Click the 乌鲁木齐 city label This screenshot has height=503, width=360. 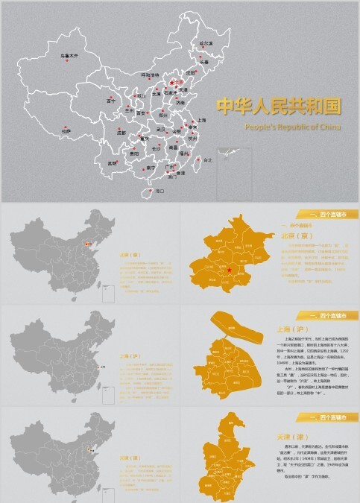[x=69, y=55]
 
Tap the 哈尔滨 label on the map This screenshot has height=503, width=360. [x=206, y=44]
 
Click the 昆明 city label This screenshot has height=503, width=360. [x=113, y=162]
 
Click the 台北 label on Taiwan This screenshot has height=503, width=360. [x=208, y=160]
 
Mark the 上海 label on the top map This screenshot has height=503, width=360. [x=202, y=120]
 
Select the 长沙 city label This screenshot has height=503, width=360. [x=156, y=148]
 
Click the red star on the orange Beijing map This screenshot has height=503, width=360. [x=230, y=270]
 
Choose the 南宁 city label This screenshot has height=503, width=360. [x=151, y=168]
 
